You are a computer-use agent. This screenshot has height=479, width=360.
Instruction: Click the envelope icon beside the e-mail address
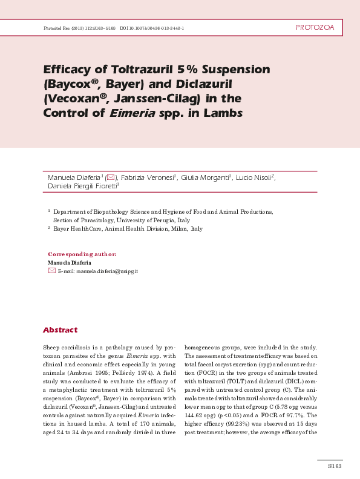click(x=51, y=271)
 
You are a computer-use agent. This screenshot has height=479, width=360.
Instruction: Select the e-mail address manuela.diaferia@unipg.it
click(x=98, y=271)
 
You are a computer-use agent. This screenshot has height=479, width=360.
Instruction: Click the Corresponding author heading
click(x=82, y=254)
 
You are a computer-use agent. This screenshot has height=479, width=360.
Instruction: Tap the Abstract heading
click(x=60, y=330)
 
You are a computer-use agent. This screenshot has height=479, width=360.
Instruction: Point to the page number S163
click(x=334, y=466)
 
